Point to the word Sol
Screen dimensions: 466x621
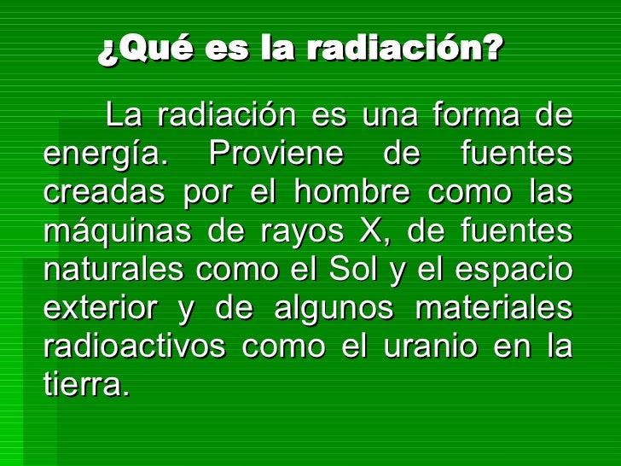[352, 268]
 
